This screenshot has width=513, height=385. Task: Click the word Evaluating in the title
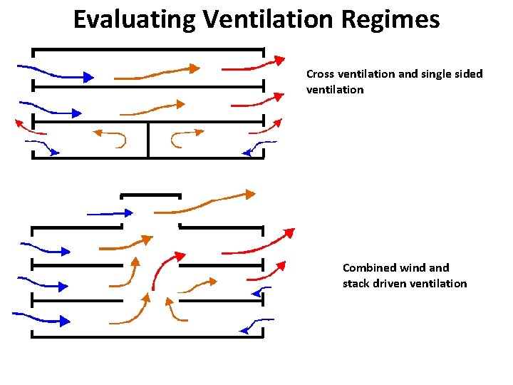point(133,20)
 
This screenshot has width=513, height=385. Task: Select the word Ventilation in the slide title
point(266,20)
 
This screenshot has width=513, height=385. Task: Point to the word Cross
point(320,74)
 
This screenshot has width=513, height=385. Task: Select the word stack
point(358,284)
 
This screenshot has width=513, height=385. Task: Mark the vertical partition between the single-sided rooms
point(148,139)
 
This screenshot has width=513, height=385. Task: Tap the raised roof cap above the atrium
point(150,195)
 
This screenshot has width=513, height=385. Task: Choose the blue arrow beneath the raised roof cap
point(110,213)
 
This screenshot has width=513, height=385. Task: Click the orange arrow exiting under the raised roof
point(214,202)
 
